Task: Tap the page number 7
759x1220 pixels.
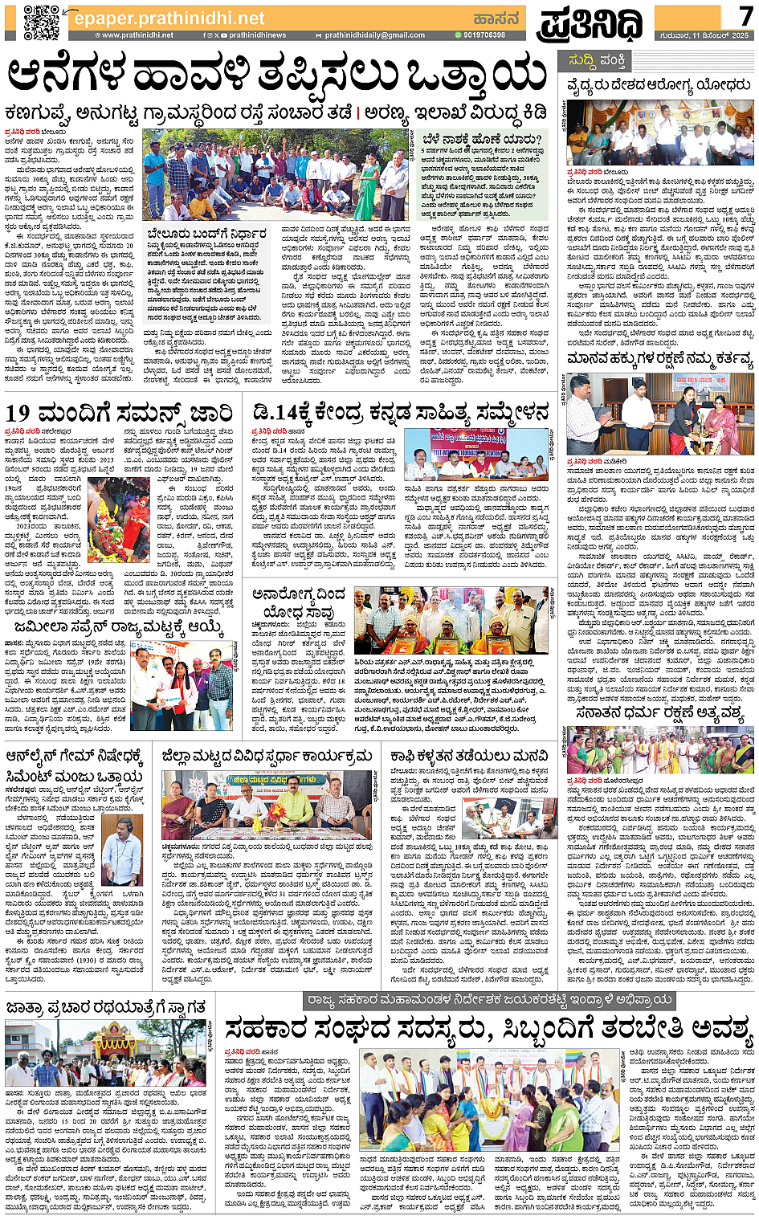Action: coord(745,16)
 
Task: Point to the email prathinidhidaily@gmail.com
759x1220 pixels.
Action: coord(374,35)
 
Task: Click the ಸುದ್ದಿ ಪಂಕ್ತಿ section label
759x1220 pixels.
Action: coord(598,60)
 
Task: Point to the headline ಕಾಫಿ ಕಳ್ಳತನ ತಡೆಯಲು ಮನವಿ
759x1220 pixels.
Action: coord(469,757)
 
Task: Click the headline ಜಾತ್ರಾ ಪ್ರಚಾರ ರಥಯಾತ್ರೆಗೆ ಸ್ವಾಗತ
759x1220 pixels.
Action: coord(105,1006)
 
